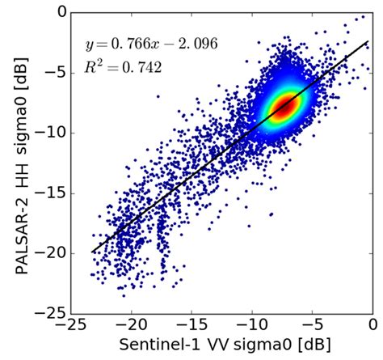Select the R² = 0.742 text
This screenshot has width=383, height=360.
pyautogui.click(x=117, y=69)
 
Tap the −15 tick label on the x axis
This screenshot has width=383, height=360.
pyautogui.click(x=190, y=327)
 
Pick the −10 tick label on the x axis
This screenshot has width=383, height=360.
pyautogui.click(x=250, y=327)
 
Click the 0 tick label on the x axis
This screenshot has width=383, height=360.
pyautogui.click(x=372, y=327)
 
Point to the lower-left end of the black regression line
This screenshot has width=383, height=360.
pyautogui.click(x=92, y=252)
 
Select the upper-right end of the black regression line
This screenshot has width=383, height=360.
pyautogui.click(x=368, y=41)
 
